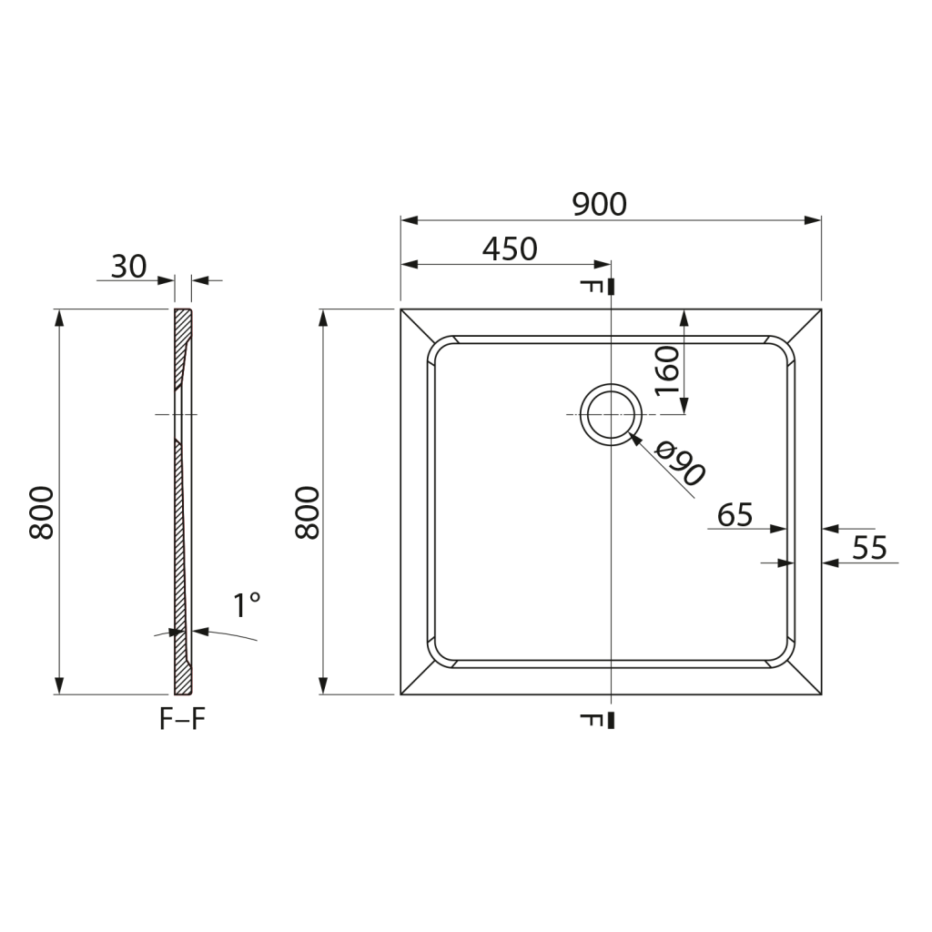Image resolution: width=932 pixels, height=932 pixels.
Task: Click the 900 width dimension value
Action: click(x=600, y=205)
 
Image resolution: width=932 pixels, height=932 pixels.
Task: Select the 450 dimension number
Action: click(x=510, y=248)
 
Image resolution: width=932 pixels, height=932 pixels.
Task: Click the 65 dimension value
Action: click(x=735, y=515)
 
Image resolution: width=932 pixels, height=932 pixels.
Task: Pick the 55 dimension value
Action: click(x=869, y=548)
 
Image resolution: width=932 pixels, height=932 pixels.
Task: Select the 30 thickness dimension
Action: click(x=128, y=267)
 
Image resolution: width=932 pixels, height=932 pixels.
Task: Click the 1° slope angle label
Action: click(x=245, y=605)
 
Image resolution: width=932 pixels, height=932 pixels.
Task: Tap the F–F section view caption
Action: click(x=183, y=719)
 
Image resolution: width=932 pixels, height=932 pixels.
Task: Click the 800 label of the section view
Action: click(x=42, y=513)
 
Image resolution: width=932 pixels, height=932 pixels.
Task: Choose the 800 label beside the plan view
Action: click(x=308, y=513)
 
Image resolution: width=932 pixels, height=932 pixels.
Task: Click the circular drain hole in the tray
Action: click(x=611, y=414)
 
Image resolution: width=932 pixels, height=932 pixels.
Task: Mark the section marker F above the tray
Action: click(x=592, y=287)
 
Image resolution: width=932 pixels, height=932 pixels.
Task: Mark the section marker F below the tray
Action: click(x=592, y=721)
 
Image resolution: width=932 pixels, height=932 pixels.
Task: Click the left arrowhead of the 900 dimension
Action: click(x=409, y=220)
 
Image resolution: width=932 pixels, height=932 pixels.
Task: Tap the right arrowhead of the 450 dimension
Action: click(x=603, y=265)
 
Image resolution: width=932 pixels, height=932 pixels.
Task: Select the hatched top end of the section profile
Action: click(x=182, y=322)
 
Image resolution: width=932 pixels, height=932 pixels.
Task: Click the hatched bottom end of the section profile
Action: click(x=182, y=678)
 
